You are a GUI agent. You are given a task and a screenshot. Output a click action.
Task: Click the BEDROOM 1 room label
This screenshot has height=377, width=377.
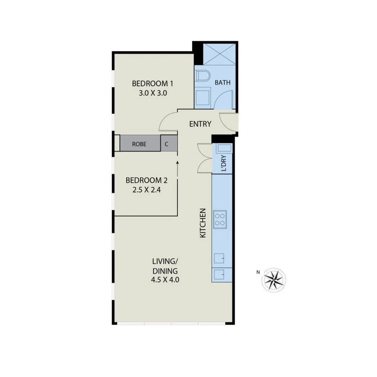pyautogui.click(x=152, y=84)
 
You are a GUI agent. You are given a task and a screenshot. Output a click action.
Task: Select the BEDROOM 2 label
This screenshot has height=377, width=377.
pyautogui.click(x=147, y=180)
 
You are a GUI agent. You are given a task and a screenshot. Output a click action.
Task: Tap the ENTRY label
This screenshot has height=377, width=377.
pyautogui.click(x=200, y=124)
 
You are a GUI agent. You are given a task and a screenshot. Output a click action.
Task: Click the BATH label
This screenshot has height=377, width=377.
pyautogui.click(x=222, y=83)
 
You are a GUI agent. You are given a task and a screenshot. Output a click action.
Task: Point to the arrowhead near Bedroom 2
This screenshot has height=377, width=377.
pyautogui.click(x=178, y=162)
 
